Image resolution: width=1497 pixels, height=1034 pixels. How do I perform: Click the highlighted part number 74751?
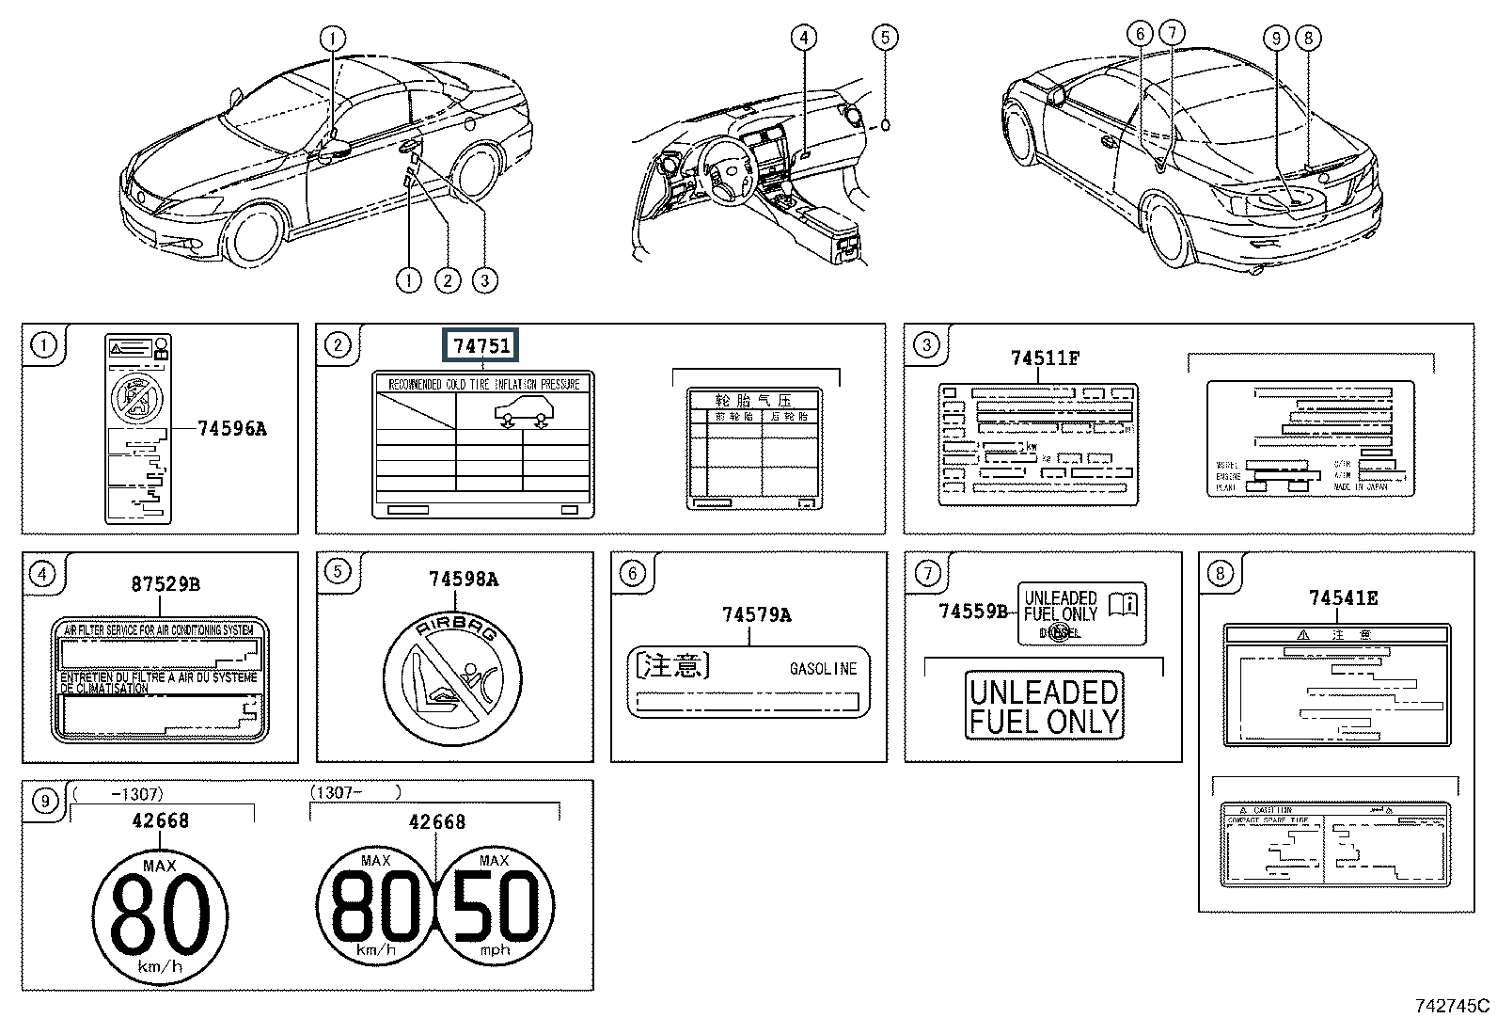click(481, 345)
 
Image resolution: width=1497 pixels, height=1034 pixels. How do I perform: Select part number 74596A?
click(232, 429)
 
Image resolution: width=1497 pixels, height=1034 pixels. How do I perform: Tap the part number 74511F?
click(1045, 358)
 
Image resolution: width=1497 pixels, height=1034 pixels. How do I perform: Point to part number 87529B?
click(165, 584)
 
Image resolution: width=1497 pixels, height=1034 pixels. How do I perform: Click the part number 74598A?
click(464, 580)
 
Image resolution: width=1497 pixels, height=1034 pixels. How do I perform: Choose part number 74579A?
click(756, 615)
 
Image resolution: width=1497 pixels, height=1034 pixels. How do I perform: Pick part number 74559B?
click(973, 612)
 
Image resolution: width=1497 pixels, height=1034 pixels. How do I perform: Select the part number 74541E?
click(1344, 597)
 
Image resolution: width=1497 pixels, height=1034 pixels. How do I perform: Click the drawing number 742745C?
click(1452, 1005)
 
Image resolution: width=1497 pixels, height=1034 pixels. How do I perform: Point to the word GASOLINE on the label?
click(823, 669)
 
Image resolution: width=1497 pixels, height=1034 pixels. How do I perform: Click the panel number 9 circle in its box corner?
click(44, 801)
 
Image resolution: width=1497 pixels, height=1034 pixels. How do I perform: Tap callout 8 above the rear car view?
click(1307, 38)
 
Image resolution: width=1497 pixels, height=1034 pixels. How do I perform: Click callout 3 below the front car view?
click(484, 279)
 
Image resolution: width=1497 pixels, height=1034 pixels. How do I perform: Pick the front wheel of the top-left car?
click(256, 235)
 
